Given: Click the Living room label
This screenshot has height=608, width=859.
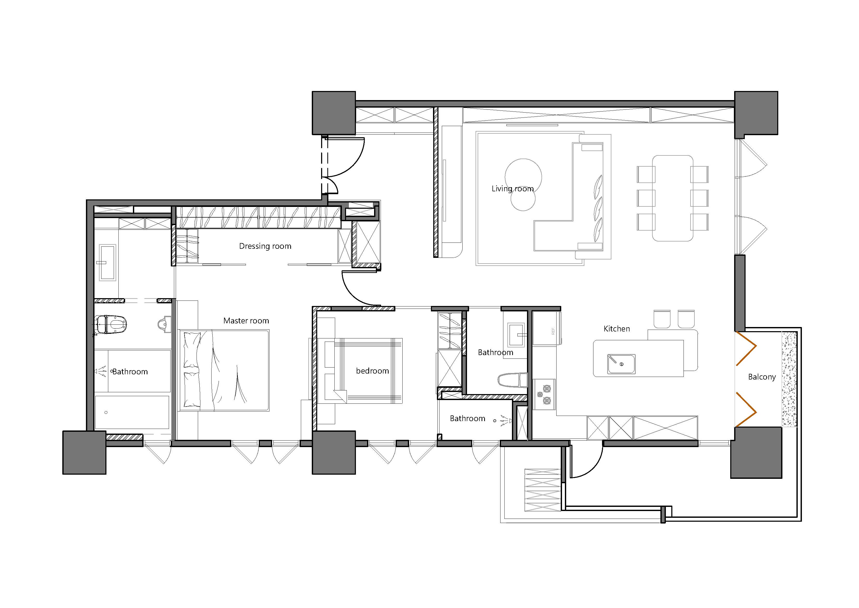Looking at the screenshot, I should click(512, 189).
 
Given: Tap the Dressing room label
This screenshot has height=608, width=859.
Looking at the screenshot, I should click(265, 246).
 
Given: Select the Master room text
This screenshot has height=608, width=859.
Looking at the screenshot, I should click(246, 321).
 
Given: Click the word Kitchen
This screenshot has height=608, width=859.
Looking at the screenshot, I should click(617, 329).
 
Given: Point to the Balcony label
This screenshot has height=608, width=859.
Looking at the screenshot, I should click(762, 377).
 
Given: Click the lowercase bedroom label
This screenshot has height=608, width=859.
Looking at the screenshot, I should click(372, 371).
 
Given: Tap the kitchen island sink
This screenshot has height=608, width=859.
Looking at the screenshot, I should click(621, 364).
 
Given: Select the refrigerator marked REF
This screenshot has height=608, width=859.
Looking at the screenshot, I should click(547, 329).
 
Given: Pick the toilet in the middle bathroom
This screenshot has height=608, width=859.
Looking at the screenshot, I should click(512, 380).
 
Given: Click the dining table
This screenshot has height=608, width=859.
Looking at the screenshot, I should click(673, 198).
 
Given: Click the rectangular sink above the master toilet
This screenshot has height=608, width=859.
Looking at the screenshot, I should click(108, 262).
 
